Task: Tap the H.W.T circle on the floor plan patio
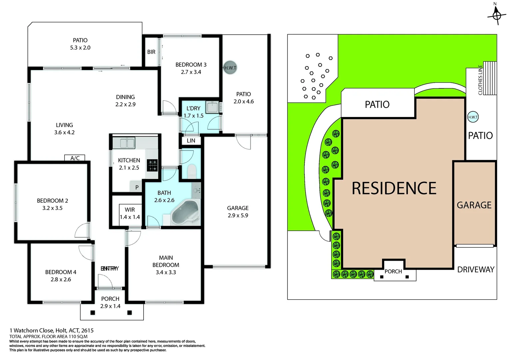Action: [x=230, y=68]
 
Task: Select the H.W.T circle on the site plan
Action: [x=473, y=117]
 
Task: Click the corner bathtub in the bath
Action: [x=185, y=212]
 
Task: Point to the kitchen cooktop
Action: [x=153, y=165]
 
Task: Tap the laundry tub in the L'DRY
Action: [x=212, y=107]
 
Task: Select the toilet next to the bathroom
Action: [x=192, y=171]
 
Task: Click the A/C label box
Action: [x=75, y=158]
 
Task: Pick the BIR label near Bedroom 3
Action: [x=151, y=52]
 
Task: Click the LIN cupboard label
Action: [x=191, y=141]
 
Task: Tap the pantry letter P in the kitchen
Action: [x=137, y=187]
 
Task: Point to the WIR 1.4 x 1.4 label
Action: [x=130, y=213]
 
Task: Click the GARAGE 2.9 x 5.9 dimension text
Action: [x=238, y=215]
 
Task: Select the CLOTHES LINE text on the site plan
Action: [x=480, y=80]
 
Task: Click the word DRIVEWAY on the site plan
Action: [x=476, y=270]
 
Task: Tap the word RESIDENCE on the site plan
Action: [x=394, y=188]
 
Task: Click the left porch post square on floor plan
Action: [x=93, y=313]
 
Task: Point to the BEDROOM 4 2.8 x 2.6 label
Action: [x=61, y=276]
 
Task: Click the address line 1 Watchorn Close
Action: [x=52, y=330]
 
